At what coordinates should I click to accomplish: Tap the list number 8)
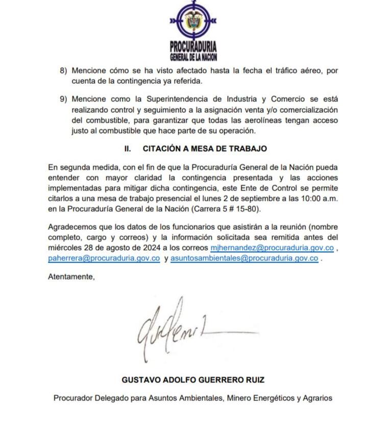[x=63, y=70]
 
